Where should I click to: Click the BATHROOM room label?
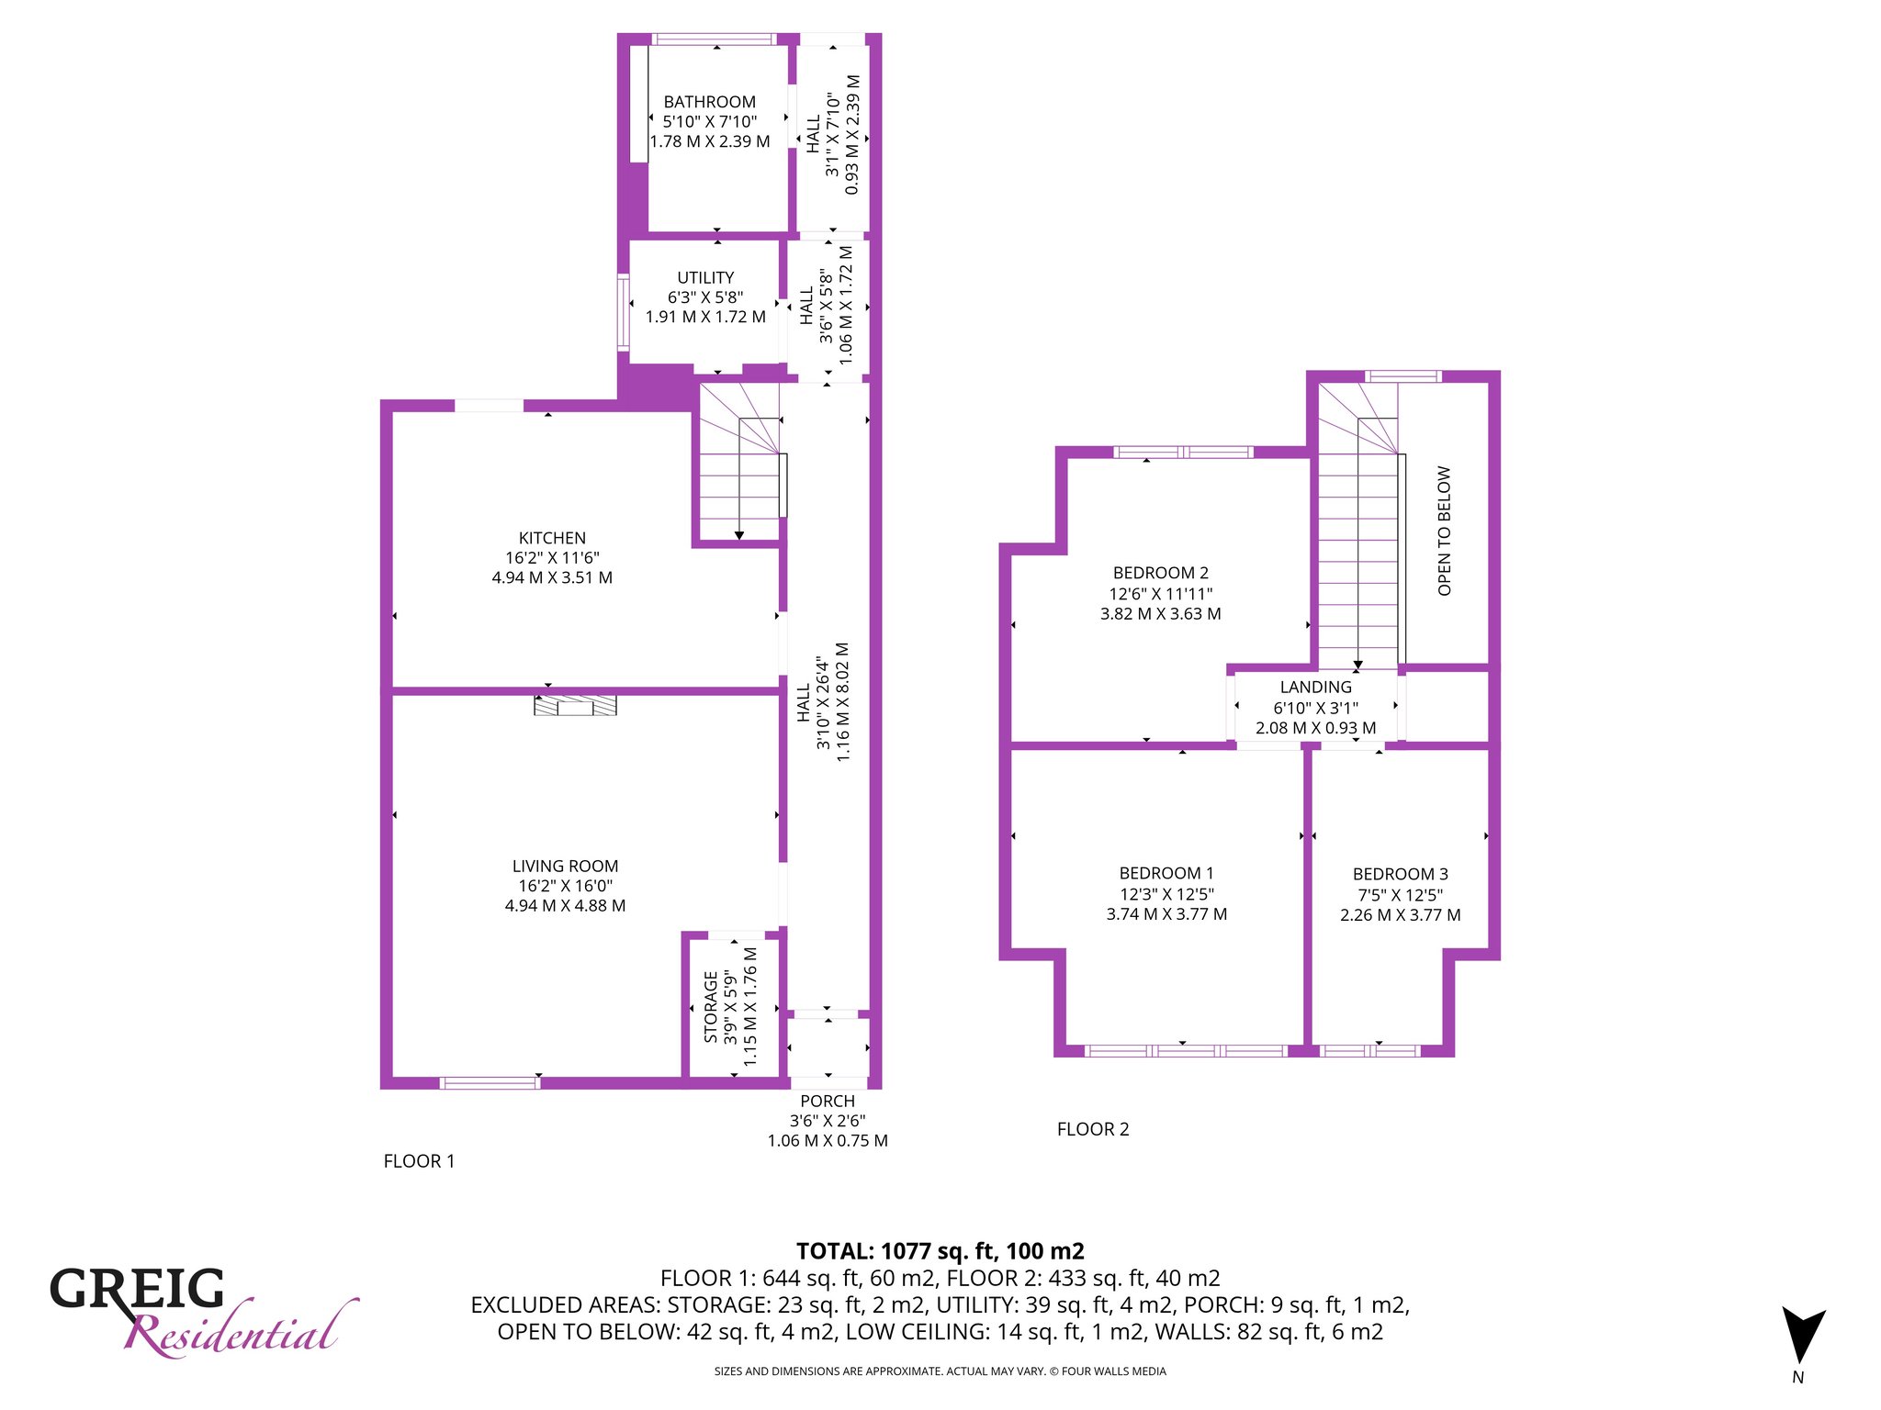pos(710,102)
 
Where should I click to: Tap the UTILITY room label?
pos(705,277)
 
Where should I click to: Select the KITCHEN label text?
pos(552,538)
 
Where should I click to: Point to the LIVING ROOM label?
pos(565,866)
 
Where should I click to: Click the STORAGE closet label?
pos(710,1007)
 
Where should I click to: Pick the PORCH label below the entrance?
pos(828,1101)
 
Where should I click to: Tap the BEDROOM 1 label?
pos(1166,873)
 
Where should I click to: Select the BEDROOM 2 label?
pos(1161,573)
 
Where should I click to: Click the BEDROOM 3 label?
pos(1400,874)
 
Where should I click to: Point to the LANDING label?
pos(1316,687)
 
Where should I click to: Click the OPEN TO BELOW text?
pos(1444,531)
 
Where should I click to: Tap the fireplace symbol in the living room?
pos(575,705)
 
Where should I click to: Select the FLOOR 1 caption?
pos(419,1161)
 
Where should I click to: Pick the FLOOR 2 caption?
pos(1093,1129)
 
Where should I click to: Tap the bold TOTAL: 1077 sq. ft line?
pos(940,1251)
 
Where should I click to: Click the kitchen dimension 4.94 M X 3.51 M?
pos(552,577)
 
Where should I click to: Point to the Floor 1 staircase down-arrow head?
pos(739,534)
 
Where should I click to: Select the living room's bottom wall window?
pos(490,1083)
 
